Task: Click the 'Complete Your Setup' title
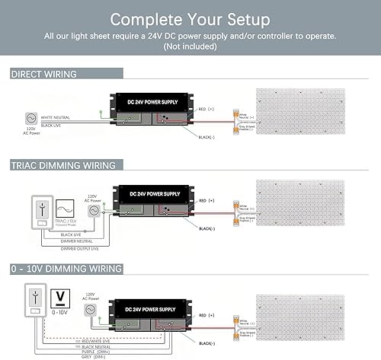click(190, 18)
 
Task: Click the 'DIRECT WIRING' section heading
click(44, 74)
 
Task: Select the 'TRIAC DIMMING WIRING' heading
click(62, 165)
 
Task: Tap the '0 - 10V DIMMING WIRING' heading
click(67, 268)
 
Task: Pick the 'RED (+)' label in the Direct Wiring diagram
click(207, 109)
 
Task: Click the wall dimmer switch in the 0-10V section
click(32, 301)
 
